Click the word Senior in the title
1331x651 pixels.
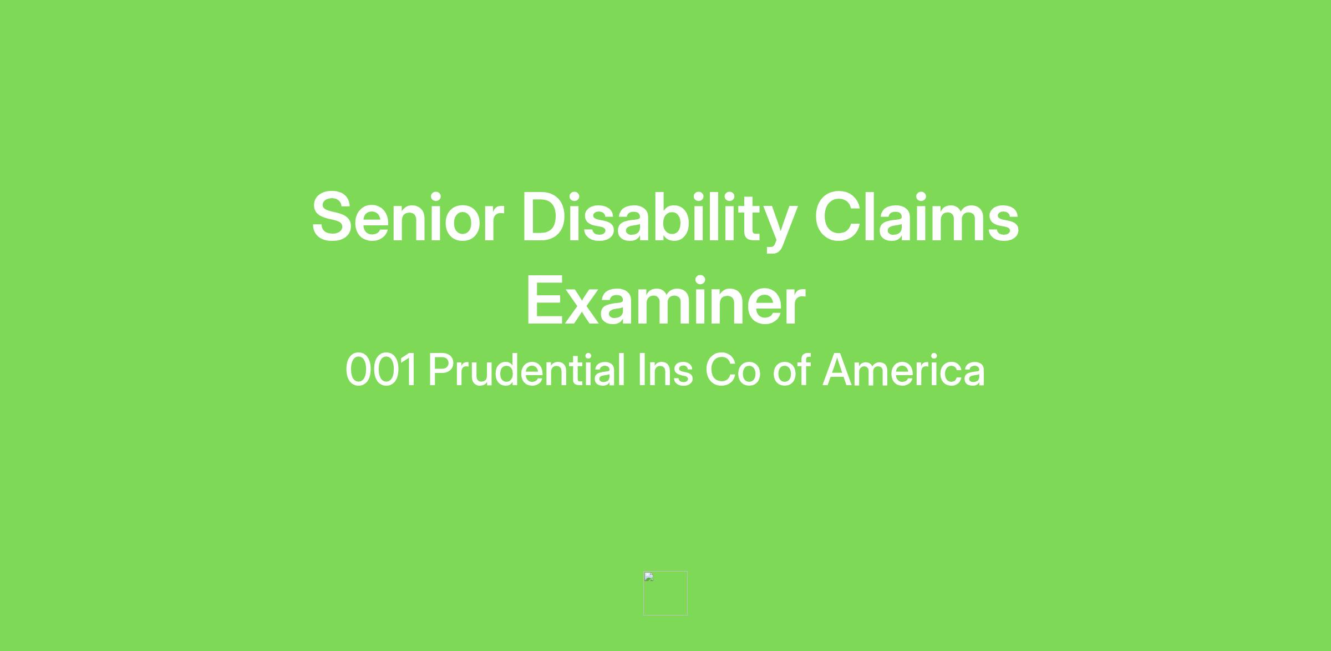(x=408, y=217)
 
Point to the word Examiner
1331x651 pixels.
(x=665, y=300)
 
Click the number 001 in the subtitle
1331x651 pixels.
(x=381, y=370)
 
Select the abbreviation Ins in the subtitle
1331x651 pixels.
(x=665, y=370)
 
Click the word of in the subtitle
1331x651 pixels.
(x=792, y=369)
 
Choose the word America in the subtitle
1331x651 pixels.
(x=904, y=370)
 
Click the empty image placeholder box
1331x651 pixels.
(x=665, y=593)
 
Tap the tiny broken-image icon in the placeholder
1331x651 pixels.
(x=649, y=577)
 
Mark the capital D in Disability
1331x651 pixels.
(x=547, y=217)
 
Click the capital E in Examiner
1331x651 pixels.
(x=545, y=300)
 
